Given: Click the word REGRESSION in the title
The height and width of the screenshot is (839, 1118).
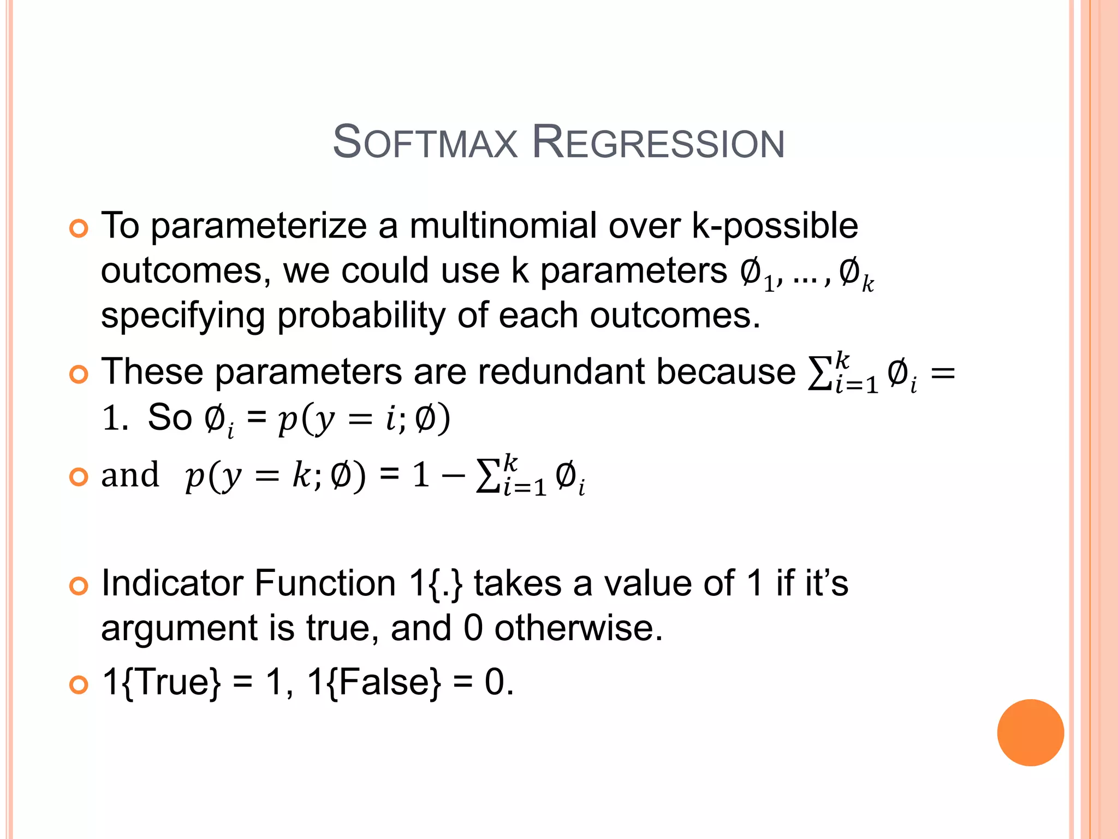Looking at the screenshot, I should click(x=658, y=143).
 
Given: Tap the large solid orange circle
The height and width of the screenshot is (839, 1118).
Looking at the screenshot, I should click(x=1030, y=732).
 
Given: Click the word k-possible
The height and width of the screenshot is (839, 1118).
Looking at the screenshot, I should click(x=775, y=227).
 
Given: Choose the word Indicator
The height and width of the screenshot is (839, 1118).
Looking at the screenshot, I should click(x=172, y=583).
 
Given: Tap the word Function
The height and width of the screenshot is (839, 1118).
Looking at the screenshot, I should click(x=325, y=583).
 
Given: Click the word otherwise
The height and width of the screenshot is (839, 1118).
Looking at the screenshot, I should click(x=578, y=628).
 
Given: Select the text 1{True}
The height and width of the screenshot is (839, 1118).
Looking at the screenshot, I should click(x=162, y=682).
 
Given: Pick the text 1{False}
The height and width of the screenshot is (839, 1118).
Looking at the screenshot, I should click(x=374, y=682).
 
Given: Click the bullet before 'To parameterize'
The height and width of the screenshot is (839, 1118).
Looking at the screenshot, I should click(x=79, y=228).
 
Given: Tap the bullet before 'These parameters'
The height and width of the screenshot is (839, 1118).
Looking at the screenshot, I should click(x=79, y=375).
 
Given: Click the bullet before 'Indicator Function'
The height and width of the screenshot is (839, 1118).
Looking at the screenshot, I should click(x=79, y=586).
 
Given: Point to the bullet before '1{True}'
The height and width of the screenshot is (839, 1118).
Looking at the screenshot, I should click(x=79, y=684).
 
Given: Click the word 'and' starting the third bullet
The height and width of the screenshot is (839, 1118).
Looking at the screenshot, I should click(x=130, y=475).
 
